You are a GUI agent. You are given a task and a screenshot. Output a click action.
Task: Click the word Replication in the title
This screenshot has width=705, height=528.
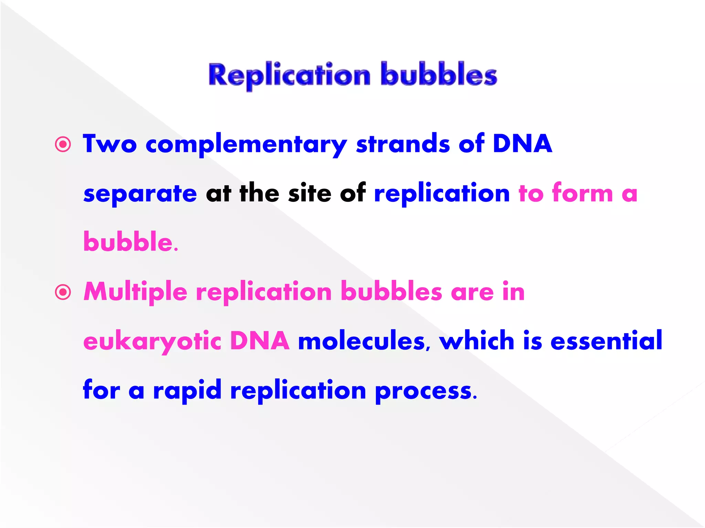[x=289, y=75]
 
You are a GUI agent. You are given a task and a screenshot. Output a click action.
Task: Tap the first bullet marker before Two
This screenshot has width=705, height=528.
[x=63, y=144]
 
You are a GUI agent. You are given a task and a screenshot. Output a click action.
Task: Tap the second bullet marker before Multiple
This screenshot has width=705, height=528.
[x=63, y=293]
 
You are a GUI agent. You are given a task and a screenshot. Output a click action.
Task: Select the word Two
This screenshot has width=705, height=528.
[x=110, y=144]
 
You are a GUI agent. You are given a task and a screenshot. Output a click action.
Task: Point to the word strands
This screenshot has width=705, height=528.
[x=403, y=144]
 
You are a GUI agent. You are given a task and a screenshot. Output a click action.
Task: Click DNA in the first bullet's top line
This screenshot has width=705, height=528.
[x=522, y=144]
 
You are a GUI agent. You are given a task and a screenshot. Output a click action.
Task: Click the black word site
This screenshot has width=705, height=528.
[x=310, y=193]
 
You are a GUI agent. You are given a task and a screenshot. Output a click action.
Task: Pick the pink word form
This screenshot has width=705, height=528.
[x=582, y=193]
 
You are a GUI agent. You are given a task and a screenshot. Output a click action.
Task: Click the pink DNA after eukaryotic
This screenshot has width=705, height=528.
[x=260, y=341]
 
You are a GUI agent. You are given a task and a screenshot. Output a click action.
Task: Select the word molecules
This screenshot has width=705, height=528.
[x=362, y=341]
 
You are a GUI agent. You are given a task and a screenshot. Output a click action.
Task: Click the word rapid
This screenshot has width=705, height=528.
[x=187, y=391]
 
